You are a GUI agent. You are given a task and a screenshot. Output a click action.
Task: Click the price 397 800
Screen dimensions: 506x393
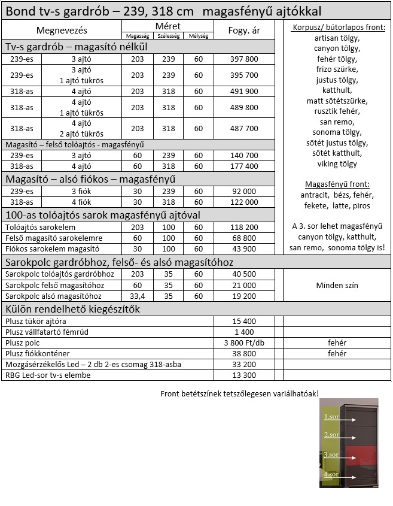click(x=244, y=59)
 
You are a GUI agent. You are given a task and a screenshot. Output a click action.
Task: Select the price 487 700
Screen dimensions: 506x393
click(x=244, y=128)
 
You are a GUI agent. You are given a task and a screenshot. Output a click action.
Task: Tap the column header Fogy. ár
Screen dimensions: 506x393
click(x=244, y=31)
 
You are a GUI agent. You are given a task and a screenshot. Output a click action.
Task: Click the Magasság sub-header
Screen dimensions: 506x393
click(x=138, y=36)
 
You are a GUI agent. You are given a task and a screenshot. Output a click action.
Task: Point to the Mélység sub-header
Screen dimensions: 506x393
click(x=199, y=36)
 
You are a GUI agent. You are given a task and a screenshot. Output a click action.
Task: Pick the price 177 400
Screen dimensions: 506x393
click(x=244, y=166)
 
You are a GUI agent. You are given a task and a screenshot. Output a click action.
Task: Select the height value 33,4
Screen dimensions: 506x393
click(x=138, y=296)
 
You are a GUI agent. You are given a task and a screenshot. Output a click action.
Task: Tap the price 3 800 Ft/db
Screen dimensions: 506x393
click(x=244, y=343)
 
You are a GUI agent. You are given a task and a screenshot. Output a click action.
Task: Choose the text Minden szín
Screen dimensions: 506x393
click(x=337, y=285)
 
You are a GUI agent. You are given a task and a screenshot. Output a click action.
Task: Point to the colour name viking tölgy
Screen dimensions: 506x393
click(x=337, y=163)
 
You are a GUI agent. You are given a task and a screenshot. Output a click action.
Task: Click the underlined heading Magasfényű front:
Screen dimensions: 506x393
click(x=337, y=184)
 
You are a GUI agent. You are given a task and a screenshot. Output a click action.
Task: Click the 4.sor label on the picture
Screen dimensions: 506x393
click(x=331, y=475)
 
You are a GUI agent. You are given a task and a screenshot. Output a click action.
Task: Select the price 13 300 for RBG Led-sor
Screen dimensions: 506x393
click(x=244, y=375)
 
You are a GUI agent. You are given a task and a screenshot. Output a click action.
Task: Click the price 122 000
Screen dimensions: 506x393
click(x=244, y=202)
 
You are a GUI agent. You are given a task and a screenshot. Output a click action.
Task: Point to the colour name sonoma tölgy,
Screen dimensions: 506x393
click(x=337, y=133)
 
